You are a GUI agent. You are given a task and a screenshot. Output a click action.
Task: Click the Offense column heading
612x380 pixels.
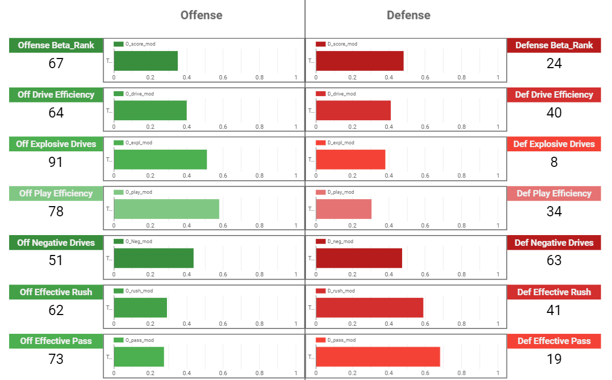[201, 15]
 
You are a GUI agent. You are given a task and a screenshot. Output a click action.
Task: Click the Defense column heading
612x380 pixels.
[409, 15]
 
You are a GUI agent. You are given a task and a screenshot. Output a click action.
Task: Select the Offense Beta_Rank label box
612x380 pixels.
[56, 45]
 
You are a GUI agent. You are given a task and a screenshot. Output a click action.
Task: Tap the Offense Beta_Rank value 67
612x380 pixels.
[56, 63]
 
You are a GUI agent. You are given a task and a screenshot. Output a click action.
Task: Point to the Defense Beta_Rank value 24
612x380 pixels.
[554, 63]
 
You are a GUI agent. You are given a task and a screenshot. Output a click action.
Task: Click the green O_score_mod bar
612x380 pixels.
[145, 61]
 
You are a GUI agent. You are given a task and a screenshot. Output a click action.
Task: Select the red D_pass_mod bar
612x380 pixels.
[378, 357]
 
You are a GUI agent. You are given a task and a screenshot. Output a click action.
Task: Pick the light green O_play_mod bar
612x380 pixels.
[166, 209]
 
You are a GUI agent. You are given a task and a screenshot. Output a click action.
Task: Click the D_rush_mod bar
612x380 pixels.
[369, 308]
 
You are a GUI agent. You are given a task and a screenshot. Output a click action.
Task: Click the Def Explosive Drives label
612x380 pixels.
[554, 144]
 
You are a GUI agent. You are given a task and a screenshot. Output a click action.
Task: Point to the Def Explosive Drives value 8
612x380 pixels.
[554, 162]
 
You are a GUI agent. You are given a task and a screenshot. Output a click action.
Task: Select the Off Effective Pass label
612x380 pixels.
[56, 341]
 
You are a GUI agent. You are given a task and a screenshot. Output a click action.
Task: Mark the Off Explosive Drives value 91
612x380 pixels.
[56, 162]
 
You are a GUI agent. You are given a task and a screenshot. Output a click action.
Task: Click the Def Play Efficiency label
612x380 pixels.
[554, 193]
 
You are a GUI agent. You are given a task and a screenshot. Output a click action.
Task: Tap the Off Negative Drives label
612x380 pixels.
[56, 243]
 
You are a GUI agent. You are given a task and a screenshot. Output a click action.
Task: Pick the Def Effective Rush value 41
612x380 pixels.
[554, 310]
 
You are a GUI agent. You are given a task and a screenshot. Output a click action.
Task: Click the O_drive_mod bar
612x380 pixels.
[150, 110]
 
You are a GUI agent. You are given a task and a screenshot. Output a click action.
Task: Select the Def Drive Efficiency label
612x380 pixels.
[554, 94]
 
